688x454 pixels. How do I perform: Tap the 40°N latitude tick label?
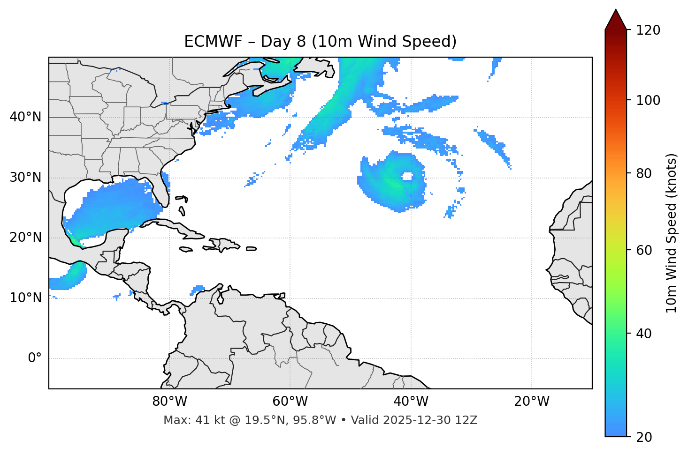point(25,117)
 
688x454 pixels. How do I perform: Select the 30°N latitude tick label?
point(25,178)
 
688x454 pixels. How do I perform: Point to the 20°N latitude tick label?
point(25,238)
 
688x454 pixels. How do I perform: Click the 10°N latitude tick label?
point(25,298)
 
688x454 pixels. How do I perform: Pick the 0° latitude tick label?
point(35,358)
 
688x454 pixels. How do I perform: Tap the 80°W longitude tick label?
point(169,402)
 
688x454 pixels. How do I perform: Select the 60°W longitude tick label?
point(290,402)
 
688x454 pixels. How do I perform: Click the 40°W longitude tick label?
point(411,402)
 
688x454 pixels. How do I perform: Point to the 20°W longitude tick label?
point(531,402)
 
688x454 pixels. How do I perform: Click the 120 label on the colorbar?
point(648,30)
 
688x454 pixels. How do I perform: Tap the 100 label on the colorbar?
point(648,100)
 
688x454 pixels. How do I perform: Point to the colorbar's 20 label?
point(645,437)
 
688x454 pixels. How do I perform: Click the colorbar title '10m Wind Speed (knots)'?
point(672,233)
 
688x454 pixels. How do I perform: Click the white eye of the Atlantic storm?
point(407,176)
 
